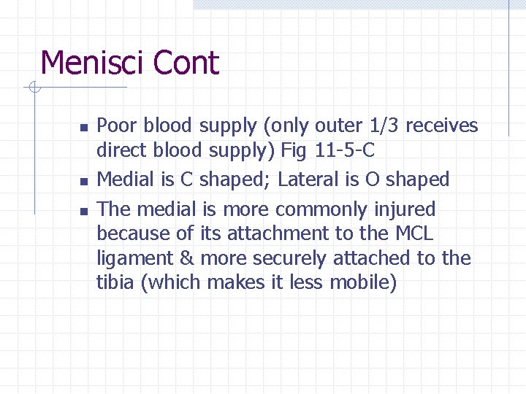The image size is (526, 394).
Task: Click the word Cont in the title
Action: (x=187, y=63)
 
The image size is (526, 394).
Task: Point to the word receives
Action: (x=441, y=126)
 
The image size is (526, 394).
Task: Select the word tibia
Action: (x=115, y=283)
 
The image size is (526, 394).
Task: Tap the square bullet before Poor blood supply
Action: (x=84, y=128)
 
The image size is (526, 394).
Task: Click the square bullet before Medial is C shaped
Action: (x=84, y=180)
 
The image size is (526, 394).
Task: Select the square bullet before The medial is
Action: (x=84, y=211)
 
